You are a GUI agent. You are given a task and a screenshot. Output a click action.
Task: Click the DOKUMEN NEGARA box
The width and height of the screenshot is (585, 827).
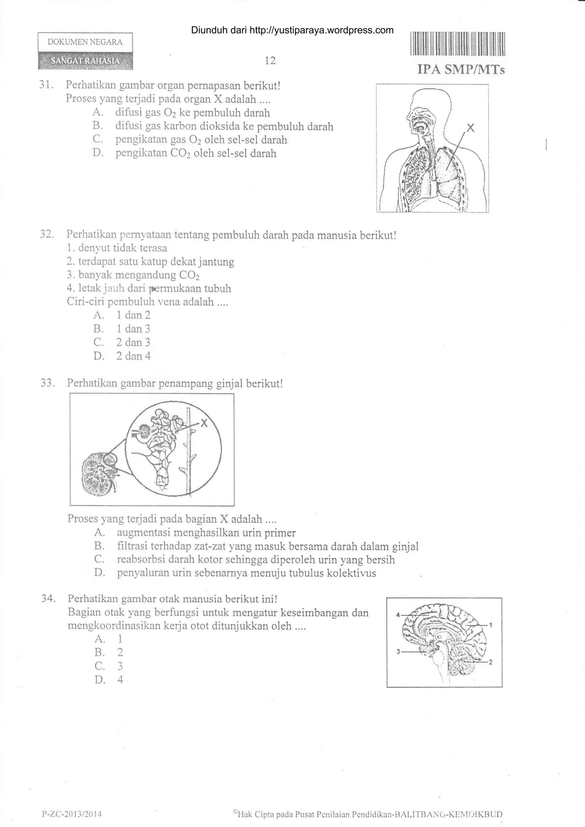point(85,42)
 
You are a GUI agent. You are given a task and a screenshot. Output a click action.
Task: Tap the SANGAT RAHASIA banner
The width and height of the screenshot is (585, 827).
point(85,61)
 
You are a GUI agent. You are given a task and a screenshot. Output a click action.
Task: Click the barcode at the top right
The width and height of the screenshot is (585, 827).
point(457,44)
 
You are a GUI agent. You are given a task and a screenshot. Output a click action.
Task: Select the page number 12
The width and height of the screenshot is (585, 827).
point(270,61)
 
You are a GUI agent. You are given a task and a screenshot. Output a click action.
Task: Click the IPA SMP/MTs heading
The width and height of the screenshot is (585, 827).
point(461,70)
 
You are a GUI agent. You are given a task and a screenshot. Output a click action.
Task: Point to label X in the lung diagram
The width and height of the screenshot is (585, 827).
point(470,128)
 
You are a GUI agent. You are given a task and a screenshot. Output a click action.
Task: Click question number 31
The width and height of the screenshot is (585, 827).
point(47,85)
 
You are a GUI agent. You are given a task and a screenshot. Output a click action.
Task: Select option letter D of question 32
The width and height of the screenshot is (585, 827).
point(98,356)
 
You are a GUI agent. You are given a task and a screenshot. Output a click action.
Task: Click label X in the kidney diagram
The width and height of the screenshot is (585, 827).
point(204,423)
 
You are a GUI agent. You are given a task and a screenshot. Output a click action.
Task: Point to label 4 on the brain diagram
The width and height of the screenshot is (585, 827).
point(398,615)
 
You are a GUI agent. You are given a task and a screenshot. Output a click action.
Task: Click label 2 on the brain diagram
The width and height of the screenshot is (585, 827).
point(490,662)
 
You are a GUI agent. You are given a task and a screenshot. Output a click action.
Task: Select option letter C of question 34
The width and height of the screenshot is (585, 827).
point(99,666)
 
